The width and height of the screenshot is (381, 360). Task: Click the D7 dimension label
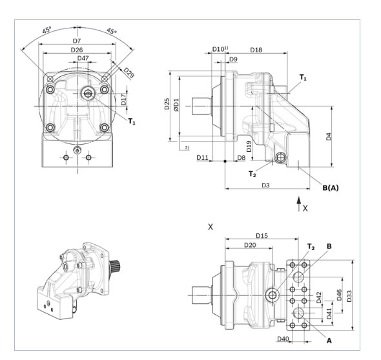click(x=77, y=41)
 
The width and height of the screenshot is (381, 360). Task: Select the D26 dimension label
click(x=77, y=50)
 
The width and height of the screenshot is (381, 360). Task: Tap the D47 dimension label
click(x=83, y=58)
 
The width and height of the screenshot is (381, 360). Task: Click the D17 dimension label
click(x=123, y=99)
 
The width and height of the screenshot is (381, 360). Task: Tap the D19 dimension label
click(x=249, y=146)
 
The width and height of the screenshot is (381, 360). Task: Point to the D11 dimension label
click(x=202, y=157)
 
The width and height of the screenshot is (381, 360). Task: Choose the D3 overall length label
click(x=265, y=185)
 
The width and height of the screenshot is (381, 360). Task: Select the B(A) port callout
click(x=331, y=188)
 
